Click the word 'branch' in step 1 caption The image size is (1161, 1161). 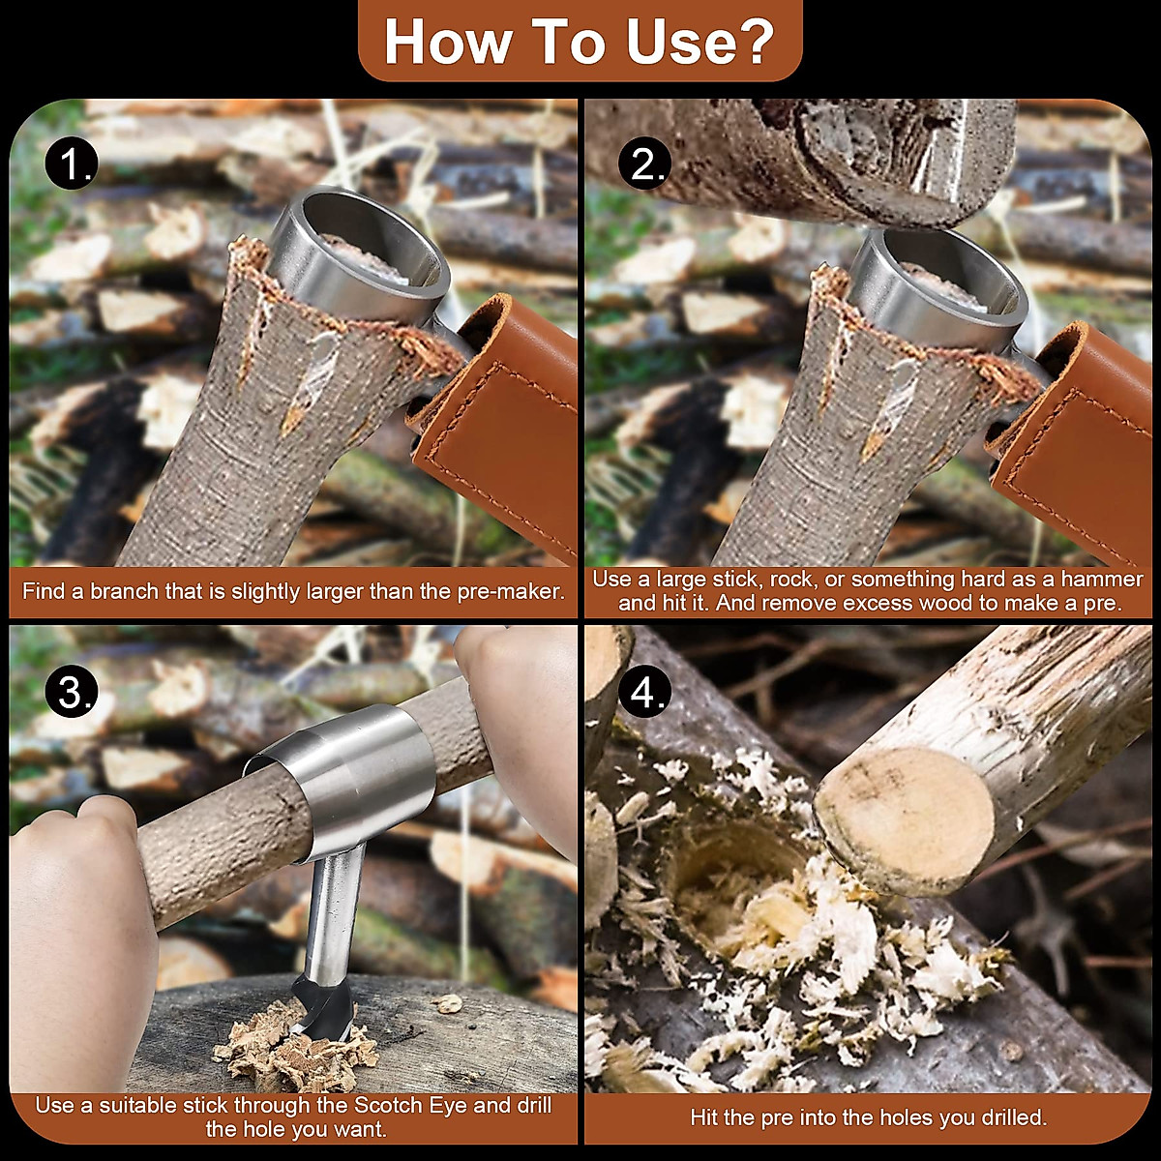(124, 591)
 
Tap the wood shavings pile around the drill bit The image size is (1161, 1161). (290, 1050)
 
